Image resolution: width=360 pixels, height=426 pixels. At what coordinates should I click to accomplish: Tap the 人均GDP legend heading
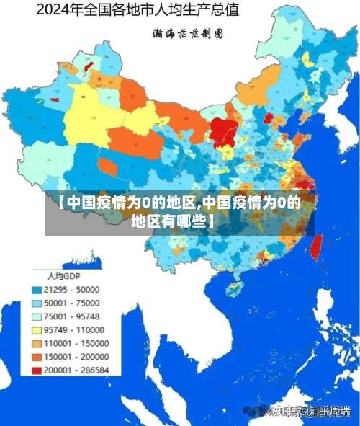tap(63, 276)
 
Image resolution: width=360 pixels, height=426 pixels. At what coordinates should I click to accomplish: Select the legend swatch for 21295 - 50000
tap(36, 289)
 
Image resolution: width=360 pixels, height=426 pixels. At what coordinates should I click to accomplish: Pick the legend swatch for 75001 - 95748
tap(36, 316)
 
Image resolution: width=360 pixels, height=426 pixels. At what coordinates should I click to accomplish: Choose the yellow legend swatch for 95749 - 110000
tap(36, 329)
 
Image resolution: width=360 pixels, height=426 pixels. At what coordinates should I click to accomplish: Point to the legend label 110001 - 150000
tap(76, 343)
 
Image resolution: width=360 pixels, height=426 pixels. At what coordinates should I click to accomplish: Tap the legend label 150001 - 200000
tap(76, 357)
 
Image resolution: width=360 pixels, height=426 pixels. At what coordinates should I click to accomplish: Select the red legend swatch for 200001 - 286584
tap(36, 370)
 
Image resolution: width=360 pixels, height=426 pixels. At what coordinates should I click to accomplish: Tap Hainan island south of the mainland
tap(234, 289)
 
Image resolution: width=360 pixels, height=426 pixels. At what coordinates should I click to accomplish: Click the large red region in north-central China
tap(224, 131)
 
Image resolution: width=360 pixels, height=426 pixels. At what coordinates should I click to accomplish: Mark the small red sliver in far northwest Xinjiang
tap(89, 66)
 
